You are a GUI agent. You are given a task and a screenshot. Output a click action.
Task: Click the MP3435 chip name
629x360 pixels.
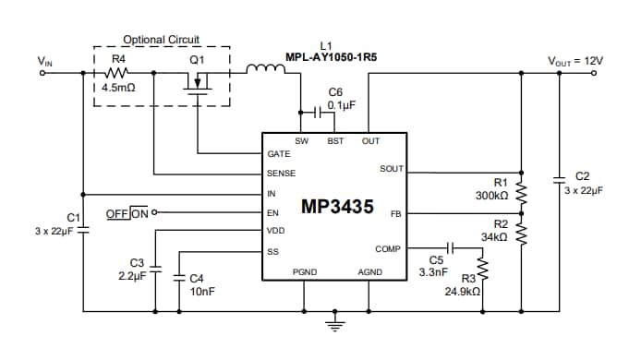(x=337, y=208)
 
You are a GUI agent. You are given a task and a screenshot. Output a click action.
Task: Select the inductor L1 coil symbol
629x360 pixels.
(x=266, y=68)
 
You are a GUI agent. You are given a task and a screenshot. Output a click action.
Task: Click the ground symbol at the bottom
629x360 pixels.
(x=333, y=323)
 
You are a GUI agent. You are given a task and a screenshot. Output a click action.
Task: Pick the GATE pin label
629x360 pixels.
(x=278, y=153)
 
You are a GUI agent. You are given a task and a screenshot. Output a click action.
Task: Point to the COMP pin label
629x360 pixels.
(x=388, y=249)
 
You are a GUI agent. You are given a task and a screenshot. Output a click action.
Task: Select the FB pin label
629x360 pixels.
(x=395, y=213)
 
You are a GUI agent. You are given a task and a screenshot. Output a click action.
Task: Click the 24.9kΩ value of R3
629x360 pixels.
(x=462, y=291)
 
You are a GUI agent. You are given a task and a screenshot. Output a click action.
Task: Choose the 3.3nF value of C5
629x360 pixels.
(x=434, y=273)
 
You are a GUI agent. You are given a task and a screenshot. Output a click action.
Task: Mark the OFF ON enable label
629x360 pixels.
(x=127, y=213)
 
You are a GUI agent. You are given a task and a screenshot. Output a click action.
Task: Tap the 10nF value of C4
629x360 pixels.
(x=201, y=291)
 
